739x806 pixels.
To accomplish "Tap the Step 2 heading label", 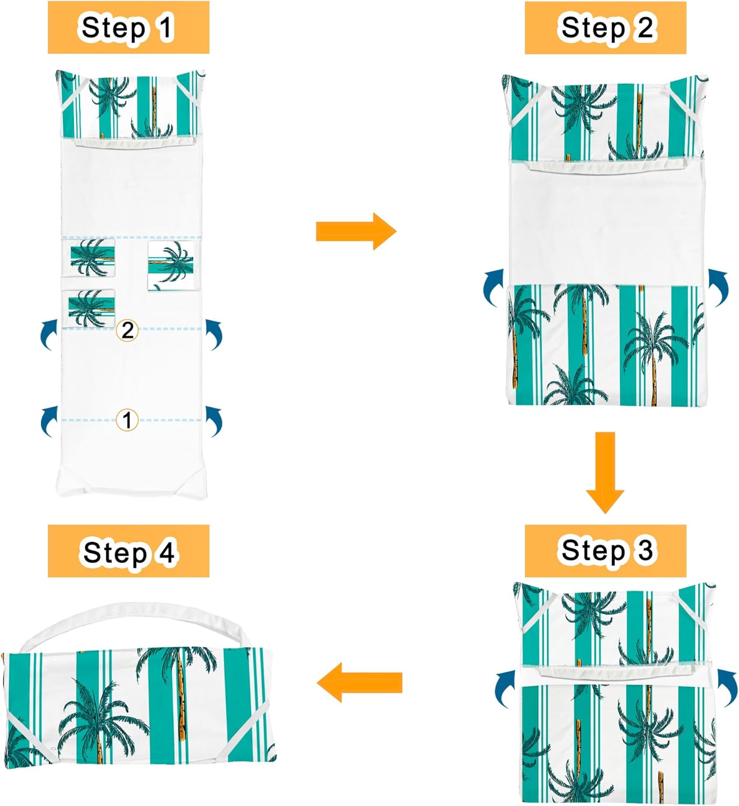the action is tap(605, 28).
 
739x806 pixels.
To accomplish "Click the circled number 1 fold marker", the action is tap(127, 420).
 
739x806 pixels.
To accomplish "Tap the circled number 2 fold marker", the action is tap(127, 330).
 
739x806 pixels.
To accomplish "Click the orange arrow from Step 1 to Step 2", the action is tap(356, 232).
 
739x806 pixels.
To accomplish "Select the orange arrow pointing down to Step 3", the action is tap(605, 472).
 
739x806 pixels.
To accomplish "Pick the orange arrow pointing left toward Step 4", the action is tap(359, 682).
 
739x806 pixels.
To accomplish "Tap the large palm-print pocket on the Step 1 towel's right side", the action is tap(171, 265).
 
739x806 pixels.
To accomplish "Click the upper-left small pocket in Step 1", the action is tap(92, 258).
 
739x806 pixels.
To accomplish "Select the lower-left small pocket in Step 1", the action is tap(92, 308).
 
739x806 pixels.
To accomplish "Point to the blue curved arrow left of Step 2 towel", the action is tap(491, 287).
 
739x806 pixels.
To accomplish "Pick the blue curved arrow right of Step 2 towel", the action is tap(719, 287).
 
